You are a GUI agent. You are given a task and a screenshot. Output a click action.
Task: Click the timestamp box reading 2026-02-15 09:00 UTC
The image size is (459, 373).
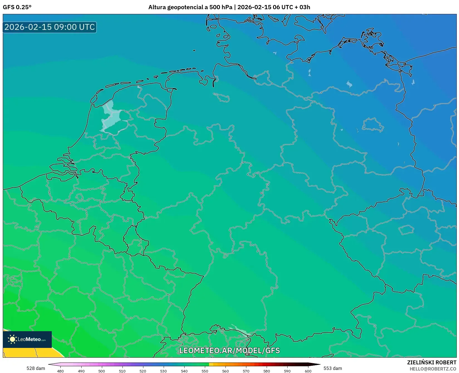(50, 27)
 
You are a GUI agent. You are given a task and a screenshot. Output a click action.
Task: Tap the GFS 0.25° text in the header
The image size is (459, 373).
(17, 7)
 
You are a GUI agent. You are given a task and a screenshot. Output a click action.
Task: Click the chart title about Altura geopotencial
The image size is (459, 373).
(229, 7)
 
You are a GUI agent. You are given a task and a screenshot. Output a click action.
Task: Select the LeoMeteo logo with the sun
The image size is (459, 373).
(27, 339)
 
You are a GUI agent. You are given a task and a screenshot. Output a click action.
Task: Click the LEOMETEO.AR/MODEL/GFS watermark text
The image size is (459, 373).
(229, 350)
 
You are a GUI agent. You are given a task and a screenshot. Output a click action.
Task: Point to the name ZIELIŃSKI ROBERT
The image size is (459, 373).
(432, 362)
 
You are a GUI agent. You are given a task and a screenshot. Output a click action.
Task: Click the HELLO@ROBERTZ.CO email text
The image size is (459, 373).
(433, 369)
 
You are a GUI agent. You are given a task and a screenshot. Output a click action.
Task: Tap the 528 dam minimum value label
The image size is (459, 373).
(36, 368)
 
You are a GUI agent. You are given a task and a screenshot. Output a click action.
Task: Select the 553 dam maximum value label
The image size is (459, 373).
(333, 368)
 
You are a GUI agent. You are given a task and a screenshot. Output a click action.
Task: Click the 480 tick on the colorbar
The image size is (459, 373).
(60, 371)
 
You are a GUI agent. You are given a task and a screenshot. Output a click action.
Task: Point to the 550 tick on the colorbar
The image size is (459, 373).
(205, 371)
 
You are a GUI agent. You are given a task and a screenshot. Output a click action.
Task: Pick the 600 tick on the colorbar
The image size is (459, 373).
(308, 371)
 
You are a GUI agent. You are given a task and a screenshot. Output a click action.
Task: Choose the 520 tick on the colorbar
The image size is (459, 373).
(143, 371)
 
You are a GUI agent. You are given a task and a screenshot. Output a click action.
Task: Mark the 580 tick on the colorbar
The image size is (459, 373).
(267, 371)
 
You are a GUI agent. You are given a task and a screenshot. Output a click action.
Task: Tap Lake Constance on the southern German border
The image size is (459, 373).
(239, 331)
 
